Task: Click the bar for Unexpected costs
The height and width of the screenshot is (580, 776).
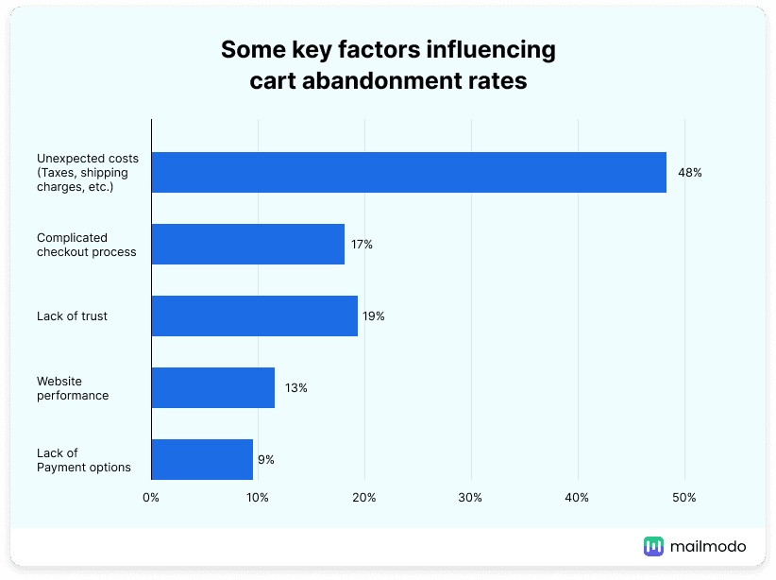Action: pyautogui.click(x=409, y=173)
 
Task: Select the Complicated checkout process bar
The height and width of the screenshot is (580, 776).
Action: pyautogui.click(x=247, y=245)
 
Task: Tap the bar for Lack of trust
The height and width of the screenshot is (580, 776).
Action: pyautogui.click(x=254, y=316)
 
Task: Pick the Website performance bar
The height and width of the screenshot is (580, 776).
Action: pyautogui.click(x=212, y=388)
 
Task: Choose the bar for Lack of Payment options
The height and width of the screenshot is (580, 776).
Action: pyautogui.click(x=202, y=459)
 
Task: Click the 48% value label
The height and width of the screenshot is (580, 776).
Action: pyautogui.click(x=689, y=173)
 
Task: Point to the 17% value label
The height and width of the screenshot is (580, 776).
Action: pyautogui.click(x=362, y=245)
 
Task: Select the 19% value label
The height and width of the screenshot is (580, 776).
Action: pyautogui.click(x=374, y=316)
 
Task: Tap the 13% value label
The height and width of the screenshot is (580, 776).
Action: pyautogui.click(x=296, y=388)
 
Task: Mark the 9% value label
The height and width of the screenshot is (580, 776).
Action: pyautogui.click(x=265, y=460)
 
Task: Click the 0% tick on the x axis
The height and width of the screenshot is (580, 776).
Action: pyautogui.click(x=151, y=497)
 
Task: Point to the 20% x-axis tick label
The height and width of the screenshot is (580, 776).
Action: pyautogui.click(x=364, y=497)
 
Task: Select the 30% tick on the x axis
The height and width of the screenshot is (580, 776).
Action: pyautogui.click(x=471, y=497)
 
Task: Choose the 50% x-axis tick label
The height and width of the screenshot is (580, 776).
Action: pyautogui.click(x=684, y=497)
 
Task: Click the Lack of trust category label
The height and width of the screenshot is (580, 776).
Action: pyautogui.click(x=72, y=316)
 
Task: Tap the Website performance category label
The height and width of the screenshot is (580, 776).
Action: pyautogui.click(x=73, y=388)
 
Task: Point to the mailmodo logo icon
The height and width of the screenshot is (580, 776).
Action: pyautogui.click(x=653, y=546)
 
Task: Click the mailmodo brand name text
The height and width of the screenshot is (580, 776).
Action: pyautogui.click(x=708, y=546)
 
